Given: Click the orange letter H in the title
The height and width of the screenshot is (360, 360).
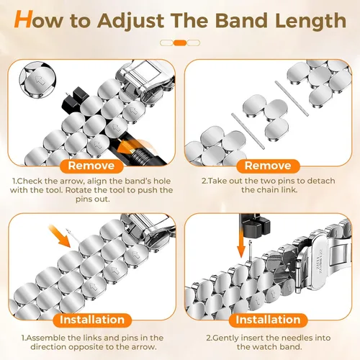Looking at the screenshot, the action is click(23, 19).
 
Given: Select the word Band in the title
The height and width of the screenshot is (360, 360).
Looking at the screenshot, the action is click(241, 19).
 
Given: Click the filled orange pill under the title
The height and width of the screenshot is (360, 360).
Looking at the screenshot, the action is click(180, 43).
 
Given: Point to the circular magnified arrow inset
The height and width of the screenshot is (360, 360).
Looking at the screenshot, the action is click(37, 79).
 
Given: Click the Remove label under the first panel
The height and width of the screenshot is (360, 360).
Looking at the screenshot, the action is click(91, 166).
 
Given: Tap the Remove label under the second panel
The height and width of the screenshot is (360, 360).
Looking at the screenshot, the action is click(268, 166).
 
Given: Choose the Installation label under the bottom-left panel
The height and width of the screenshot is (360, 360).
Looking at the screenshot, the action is click(92, 320).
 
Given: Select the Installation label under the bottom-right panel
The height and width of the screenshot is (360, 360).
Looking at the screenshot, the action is click(268, 320).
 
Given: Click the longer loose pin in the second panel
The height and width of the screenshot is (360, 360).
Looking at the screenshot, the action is click(248, 131).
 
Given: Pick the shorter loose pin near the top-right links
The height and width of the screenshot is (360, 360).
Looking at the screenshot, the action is click(292, 99).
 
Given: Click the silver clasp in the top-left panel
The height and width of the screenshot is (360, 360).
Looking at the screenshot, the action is click(144, 81).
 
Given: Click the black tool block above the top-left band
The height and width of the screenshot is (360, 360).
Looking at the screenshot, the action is click(74, 99).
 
